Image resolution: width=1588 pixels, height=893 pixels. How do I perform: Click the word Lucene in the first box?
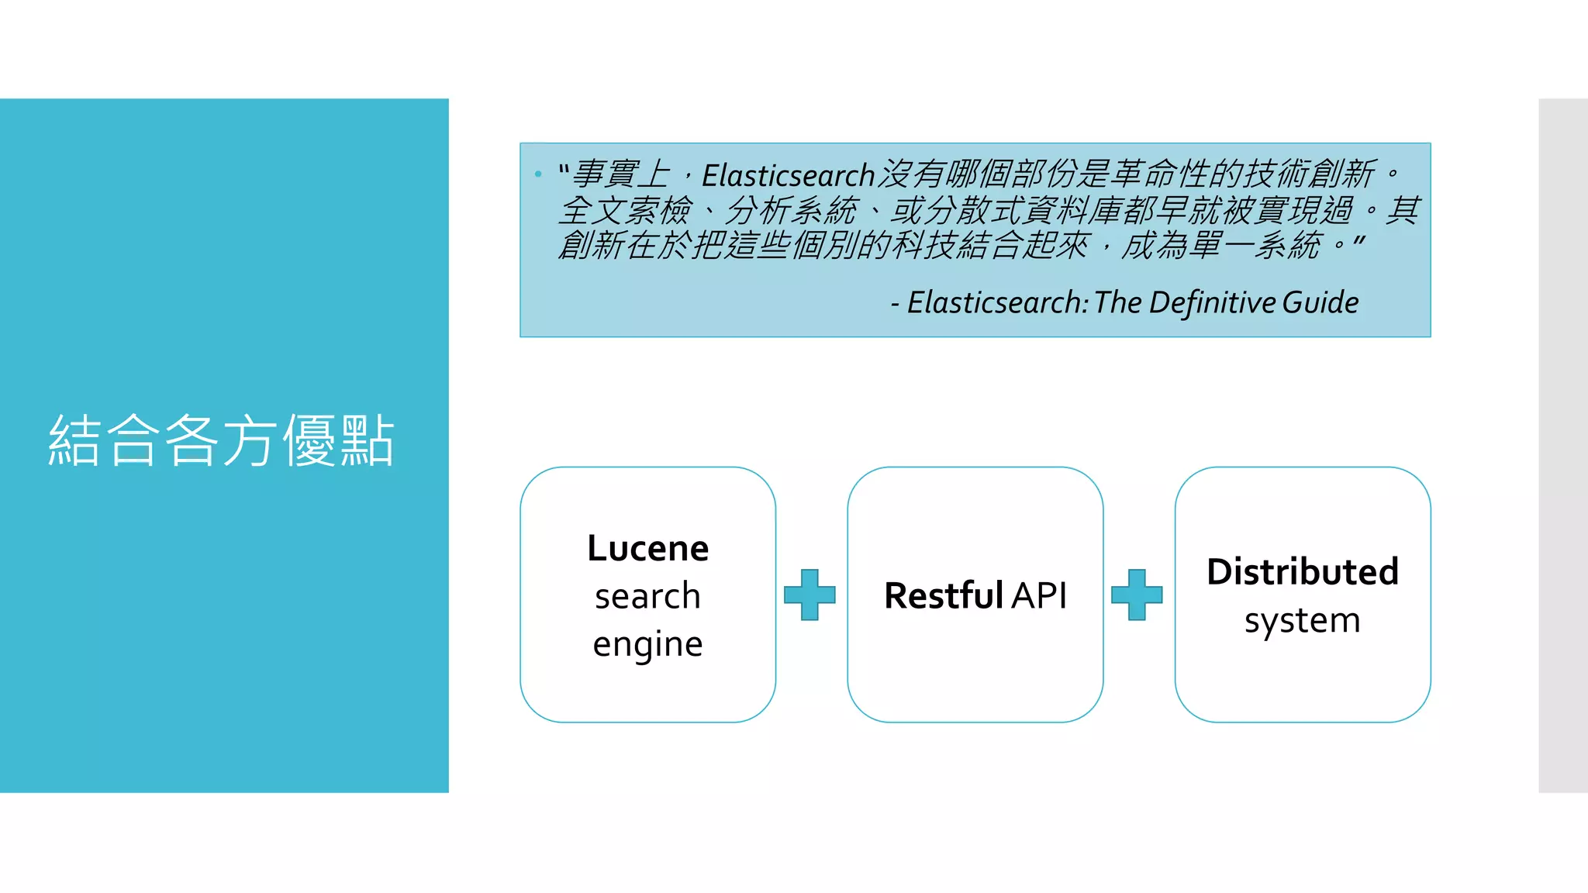[x=647, y=548]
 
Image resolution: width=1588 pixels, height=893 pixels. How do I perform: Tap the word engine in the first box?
[x=647, y=644]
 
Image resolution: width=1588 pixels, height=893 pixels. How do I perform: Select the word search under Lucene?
[x=647, y=596]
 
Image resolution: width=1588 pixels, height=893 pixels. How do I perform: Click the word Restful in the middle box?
[x=944, y=595]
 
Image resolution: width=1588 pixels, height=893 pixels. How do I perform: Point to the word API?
[x=1039, y=595]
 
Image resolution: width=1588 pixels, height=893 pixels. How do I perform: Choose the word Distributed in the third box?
[x=1303, y=572]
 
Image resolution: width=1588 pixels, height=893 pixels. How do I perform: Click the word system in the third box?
[x=1303, y=621]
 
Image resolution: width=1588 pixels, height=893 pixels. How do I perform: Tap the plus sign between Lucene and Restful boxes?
[x=810, y=595]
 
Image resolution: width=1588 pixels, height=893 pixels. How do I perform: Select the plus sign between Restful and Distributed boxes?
[x=1137, y=595]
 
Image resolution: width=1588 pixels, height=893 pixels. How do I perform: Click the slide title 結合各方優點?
[x=222, y=440]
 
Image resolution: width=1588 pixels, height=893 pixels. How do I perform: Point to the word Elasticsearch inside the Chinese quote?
[x=788, y=175]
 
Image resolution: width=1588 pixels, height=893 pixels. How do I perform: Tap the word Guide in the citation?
[x=1320, y=302]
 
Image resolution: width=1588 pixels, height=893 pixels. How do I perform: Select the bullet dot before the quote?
[x=538, y=174]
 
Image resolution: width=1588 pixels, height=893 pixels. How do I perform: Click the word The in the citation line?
[x=1117, y=302]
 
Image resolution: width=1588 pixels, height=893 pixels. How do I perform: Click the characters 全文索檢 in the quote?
[x=625, y=210]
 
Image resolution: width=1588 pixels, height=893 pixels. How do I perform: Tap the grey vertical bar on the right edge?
[x=1563, y=445]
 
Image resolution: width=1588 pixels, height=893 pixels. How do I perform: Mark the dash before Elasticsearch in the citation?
[x=896, y=304]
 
